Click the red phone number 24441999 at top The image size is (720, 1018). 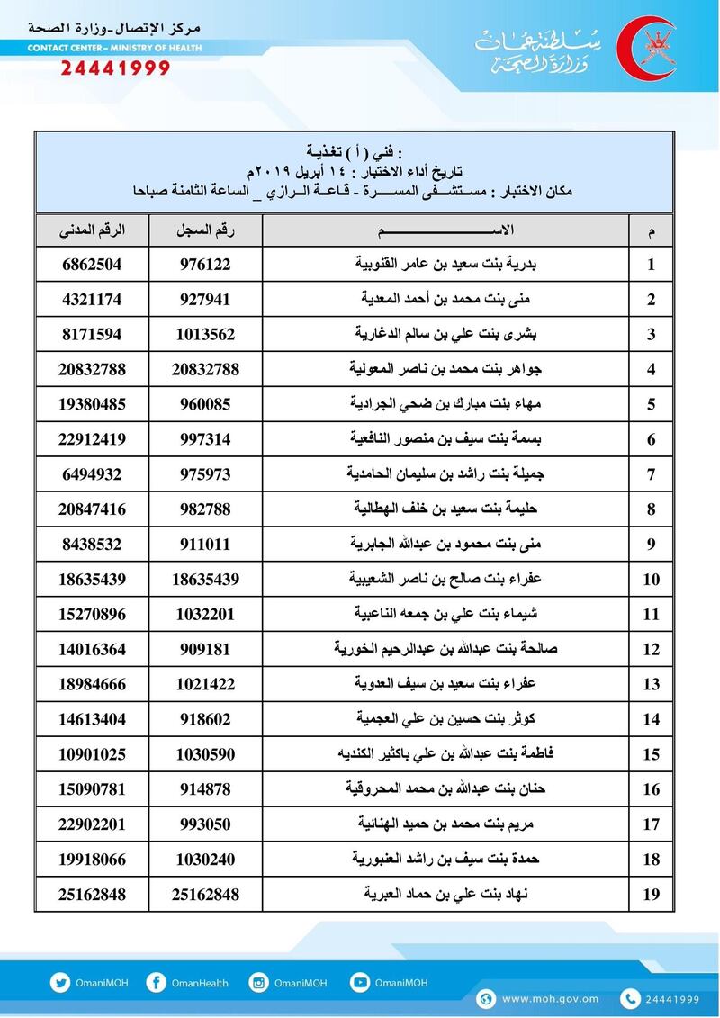pos(115,68)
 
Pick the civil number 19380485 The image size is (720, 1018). pos(92,403)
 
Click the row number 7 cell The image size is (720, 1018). pos(651,474)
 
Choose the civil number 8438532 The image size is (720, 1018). pos(92,544)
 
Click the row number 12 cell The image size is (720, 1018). pos(651,649)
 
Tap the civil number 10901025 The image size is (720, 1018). pos(92,753)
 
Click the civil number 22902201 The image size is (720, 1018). pos(92,824)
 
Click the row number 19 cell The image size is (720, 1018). pos(651,894)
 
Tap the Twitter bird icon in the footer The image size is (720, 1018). pos(60,983)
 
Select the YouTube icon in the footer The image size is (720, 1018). pos(360,983)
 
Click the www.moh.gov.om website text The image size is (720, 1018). pos(550,998)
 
